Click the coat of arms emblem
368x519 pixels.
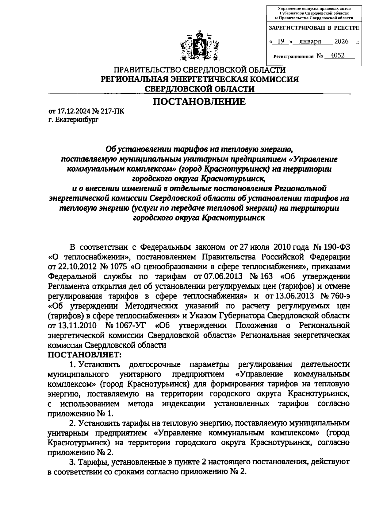click(x=200, y=46)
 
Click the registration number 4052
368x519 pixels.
click(x=335, y=55)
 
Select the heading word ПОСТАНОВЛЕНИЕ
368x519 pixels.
click(x=199, y=102)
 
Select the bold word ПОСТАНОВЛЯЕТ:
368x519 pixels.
click(x=85, y=354)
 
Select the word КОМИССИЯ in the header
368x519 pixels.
click(x=275, y=80)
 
